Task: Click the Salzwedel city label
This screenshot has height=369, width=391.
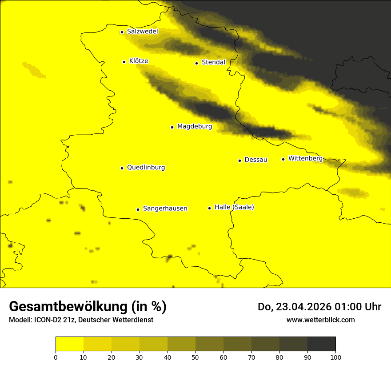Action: (x=143, y=32)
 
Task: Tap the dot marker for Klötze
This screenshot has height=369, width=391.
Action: (x=124, y=62)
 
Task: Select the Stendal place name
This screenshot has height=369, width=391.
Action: (x=214, y=62)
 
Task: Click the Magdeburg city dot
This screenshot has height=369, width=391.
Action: (x=172, y=127)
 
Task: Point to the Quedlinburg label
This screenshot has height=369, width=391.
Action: (x=146, y=168)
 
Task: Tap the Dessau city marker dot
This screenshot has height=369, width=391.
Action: (x=239, y=160)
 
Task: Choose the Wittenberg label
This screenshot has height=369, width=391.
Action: (x=305, y=159)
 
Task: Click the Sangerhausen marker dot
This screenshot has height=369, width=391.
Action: (x=138, y=209)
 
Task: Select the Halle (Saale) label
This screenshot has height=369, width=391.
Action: (x=234, y=207)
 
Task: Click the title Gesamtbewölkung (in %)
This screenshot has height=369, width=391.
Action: (x=88, y=307)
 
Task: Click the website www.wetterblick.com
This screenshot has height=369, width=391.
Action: (x=321, y=320)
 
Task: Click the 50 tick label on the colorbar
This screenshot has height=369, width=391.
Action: (x=195, y=357)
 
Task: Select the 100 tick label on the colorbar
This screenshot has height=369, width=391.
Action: (x=335, y=357)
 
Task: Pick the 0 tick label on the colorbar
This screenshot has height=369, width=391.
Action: (x=56, y=357)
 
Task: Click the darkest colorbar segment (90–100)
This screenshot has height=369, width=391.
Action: (x=321, y=344)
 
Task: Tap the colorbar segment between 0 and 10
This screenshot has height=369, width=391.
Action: (x=69, y=344)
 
